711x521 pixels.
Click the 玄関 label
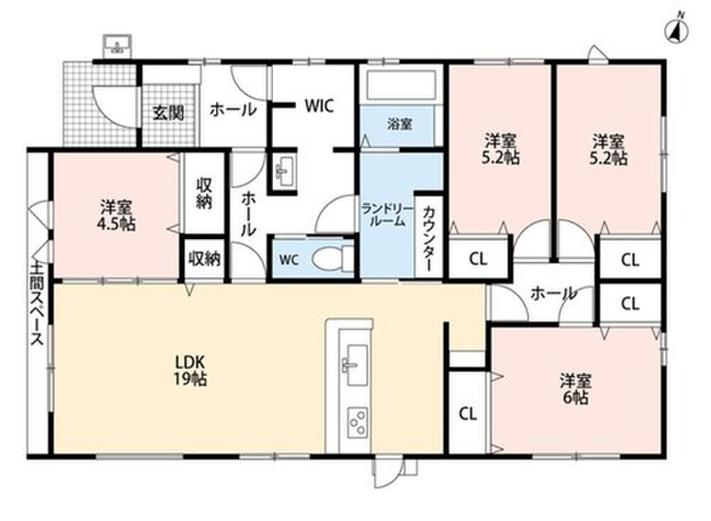(169, 112)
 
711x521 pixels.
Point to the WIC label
(319, 106)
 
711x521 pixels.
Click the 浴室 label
(400, 124)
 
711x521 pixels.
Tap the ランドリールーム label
(387, 215)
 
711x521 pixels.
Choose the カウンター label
(429, 239)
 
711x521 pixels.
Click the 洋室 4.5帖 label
(117, 215)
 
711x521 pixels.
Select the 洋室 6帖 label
(575, 389)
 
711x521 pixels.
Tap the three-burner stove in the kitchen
(358, 423)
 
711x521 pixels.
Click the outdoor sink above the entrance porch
(117, 46)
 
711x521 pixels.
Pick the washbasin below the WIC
(284, 171)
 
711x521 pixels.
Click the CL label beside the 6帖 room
(468, 414)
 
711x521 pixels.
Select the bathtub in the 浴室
(400, 85)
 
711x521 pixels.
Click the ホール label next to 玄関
(233, 110)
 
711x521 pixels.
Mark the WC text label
(289, 260)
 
